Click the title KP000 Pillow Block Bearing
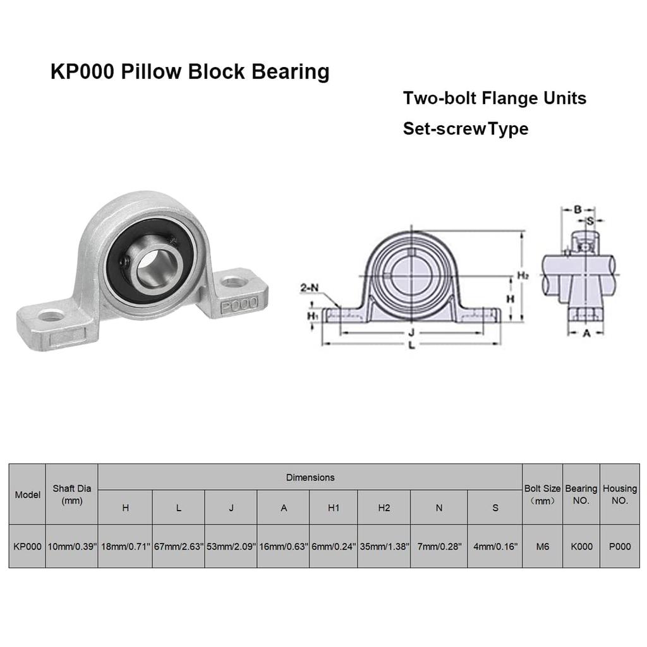coord(190,72)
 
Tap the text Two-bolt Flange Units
coord(494,98)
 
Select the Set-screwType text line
coord(466,129)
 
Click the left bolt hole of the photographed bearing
coord(51,316)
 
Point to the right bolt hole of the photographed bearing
coord(234,282)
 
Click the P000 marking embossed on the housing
coord(239,305)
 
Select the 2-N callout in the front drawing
coord(310,287)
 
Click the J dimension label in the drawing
coord(411,332)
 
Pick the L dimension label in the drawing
coord(411,345)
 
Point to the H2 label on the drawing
coord(523,275)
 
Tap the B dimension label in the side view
coord(577,209)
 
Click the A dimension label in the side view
coord(586,333)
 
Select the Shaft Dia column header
coord(72,494)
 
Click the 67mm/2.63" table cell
coord(179,547)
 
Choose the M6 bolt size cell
coord(543,547)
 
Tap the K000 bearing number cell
coord(581,547)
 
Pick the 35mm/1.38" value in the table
coord(384,547)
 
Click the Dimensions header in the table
coord(310,478)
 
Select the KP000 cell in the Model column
coord(27,547)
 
